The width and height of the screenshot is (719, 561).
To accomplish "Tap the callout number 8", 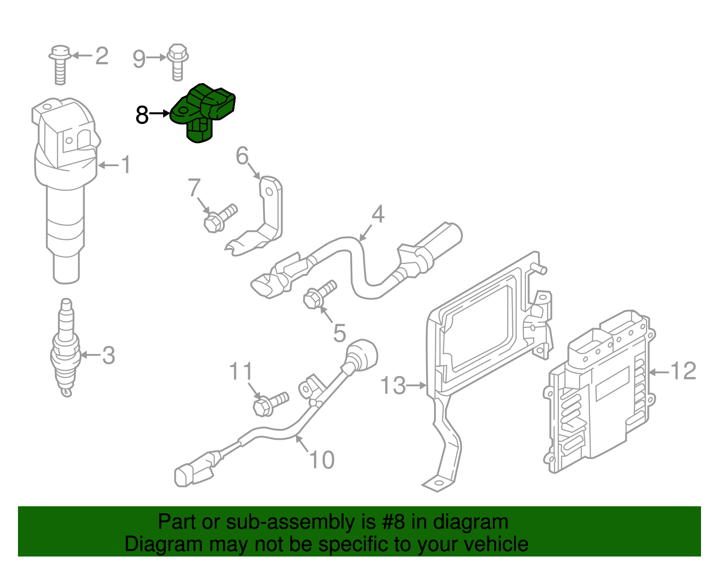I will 142,115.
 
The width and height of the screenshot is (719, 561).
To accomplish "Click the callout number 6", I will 242,156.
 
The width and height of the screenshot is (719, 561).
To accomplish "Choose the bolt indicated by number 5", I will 319,294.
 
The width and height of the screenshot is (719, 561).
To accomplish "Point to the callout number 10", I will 322,460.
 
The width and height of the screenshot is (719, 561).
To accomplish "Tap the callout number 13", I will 393,386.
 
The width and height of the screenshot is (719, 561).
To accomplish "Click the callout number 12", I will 683,371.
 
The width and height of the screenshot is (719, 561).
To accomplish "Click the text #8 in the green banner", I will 394,522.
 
